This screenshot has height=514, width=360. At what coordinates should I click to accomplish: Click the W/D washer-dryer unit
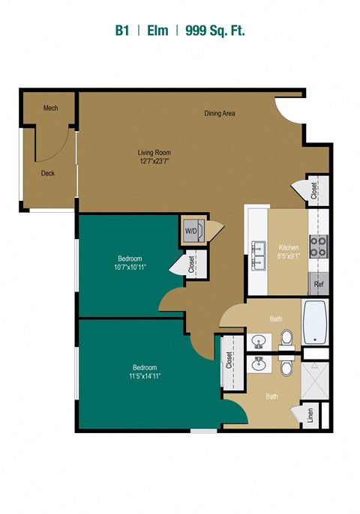(x=193, y=231)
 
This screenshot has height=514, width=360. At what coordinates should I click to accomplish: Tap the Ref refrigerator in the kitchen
(x=319, y=284)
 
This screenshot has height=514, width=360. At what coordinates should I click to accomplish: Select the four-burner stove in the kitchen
(x=319, y=247)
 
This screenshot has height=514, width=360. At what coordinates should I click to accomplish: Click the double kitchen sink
(x=259, y=256)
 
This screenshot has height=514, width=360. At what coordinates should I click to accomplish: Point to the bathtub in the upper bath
(x=315, y=321)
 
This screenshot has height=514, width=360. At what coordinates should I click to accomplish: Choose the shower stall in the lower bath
(x=315, y=381)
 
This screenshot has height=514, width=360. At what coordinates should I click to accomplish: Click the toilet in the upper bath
(x=286, y=339)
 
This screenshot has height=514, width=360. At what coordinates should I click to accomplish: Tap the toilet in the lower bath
(x=286, y=366)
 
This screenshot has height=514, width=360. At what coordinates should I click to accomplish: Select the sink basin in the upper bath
(x=259, y=342)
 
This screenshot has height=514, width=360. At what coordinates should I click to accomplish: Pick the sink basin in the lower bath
(x=259, y=363)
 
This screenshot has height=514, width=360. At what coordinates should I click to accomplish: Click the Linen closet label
(x=310, y=415)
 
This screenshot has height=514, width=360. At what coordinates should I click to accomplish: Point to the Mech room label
(x=51, y=108)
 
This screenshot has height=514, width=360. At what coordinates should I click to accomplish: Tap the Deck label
(x=48, y=173)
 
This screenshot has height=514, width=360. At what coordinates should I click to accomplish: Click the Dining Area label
(x=220, y=113)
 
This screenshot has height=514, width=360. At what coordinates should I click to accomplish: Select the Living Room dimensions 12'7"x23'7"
(x=154, y=161)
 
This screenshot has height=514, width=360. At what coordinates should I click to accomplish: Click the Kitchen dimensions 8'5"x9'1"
(x=289, y=256)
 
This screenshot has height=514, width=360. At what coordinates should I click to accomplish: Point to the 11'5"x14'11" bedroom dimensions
(x=145, y=376)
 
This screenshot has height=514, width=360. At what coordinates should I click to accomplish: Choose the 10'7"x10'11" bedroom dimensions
(x=130, y=267)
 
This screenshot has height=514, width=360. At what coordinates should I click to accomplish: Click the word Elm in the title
(x=157, y=31)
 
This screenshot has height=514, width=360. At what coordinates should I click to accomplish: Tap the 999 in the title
(x=196, y=31)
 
